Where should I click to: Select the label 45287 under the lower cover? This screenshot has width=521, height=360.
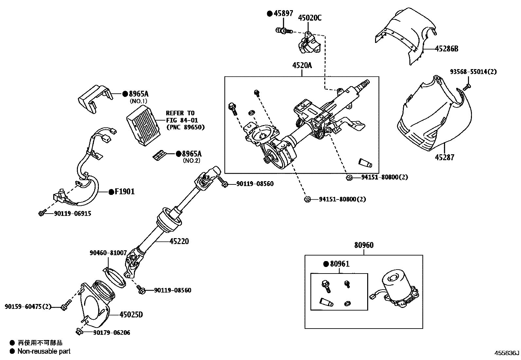click(444, 158)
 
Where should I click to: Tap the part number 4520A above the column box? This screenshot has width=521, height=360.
click(302, 66)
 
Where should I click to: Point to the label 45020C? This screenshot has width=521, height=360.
click(310, 18)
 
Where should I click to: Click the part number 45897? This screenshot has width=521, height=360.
click(283, 13)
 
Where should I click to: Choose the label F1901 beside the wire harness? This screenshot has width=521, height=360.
click(124, 192)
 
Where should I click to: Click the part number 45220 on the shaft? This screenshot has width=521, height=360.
click(179, 241)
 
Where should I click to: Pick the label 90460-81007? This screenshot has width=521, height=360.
click(108, 253)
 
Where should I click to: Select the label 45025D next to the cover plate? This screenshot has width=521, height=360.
click(131, 315)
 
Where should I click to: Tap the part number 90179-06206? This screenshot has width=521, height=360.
click(111, 333)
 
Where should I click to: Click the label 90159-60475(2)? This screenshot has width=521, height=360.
click(28, 307)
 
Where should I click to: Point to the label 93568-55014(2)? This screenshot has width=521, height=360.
click(473, 72)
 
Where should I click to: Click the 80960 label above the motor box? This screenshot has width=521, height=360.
click(364, 245)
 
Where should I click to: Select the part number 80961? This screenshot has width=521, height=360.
click(339, 264)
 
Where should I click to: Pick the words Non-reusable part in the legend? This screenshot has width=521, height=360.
click(44, 351)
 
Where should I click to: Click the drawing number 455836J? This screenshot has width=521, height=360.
click(507, 353)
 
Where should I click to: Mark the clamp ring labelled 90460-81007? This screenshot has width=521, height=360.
click(116, 278)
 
